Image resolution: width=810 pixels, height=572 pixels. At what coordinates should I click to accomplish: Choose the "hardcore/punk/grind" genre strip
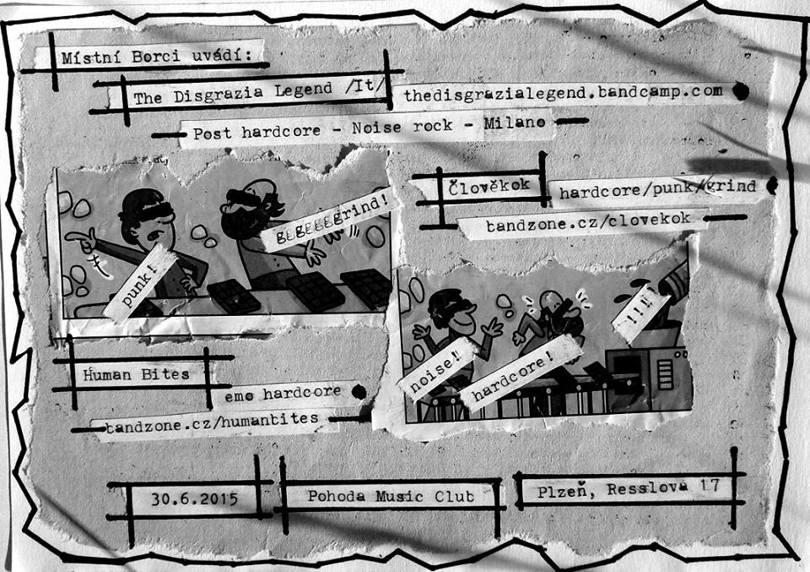[x=656, y=189]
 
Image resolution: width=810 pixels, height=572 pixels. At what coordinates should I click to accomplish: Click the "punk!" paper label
[x=142, y=282]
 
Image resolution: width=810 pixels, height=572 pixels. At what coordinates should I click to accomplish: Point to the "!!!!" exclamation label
[x=640, y=312]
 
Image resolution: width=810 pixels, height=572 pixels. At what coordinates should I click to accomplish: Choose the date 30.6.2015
[x=193, y=498]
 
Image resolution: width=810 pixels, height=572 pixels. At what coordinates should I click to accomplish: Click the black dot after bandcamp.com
[x=741, y=92]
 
